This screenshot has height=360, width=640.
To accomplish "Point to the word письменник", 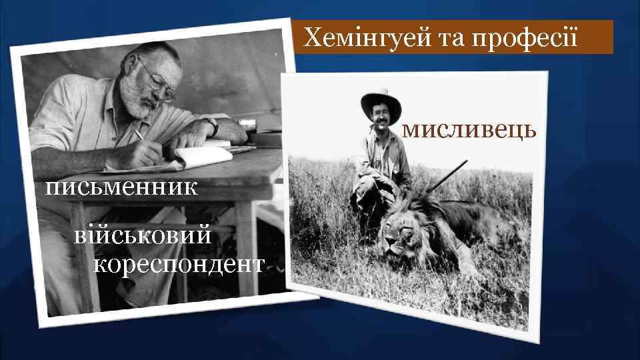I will click(121, 187).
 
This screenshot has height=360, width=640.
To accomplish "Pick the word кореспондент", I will click(179, 264).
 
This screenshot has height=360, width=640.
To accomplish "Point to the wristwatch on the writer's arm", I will click(212, 124).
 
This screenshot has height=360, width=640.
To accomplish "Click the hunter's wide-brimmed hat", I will click(381, 101).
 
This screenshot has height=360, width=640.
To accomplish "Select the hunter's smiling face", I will click(381, 120).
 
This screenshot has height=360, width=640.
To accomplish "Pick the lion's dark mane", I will click(427, 220).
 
